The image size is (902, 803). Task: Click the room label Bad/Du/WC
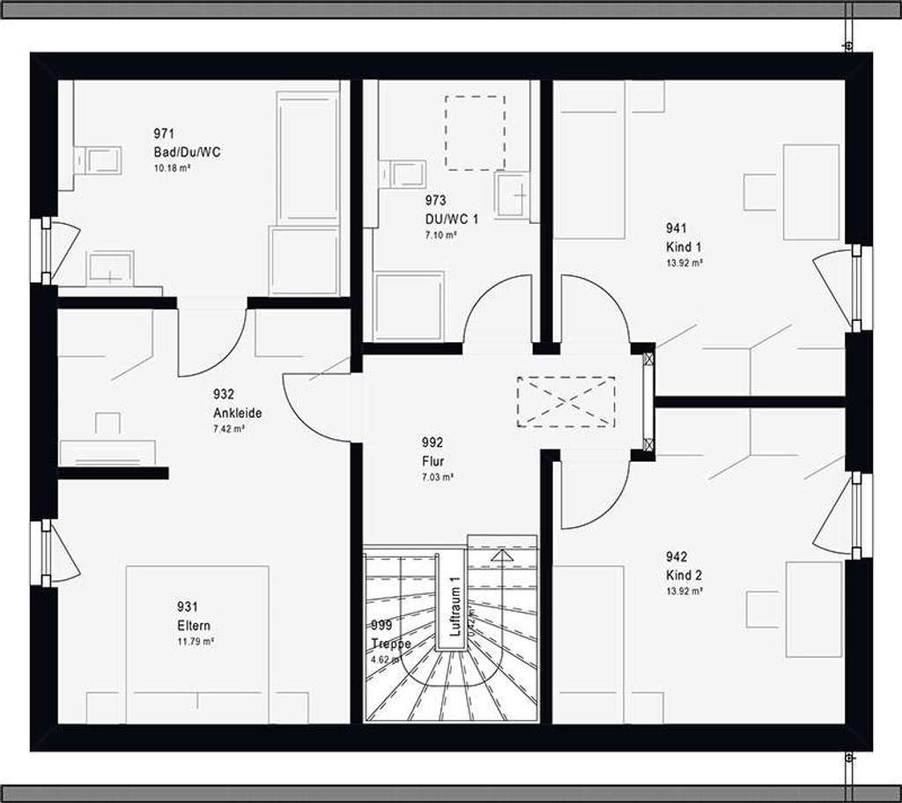187,152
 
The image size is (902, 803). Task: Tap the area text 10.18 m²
172,167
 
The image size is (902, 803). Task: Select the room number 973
435,201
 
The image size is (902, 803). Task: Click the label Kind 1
684,248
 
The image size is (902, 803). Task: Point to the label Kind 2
684,576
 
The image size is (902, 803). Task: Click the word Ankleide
237,413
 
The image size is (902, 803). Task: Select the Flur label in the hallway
432,461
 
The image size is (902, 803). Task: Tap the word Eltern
194,626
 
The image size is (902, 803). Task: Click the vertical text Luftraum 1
455,606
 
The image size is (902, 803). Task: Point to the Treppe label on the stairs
390,643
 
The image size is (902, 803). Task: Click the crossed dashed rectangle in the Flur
566,402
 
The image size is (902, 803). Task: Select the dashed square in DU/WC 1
475,132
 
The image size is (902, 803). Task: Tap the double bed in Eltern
197,643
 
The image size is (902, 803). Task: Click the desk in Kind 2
813,609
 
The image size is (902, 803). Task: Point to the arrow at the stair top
501,555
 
